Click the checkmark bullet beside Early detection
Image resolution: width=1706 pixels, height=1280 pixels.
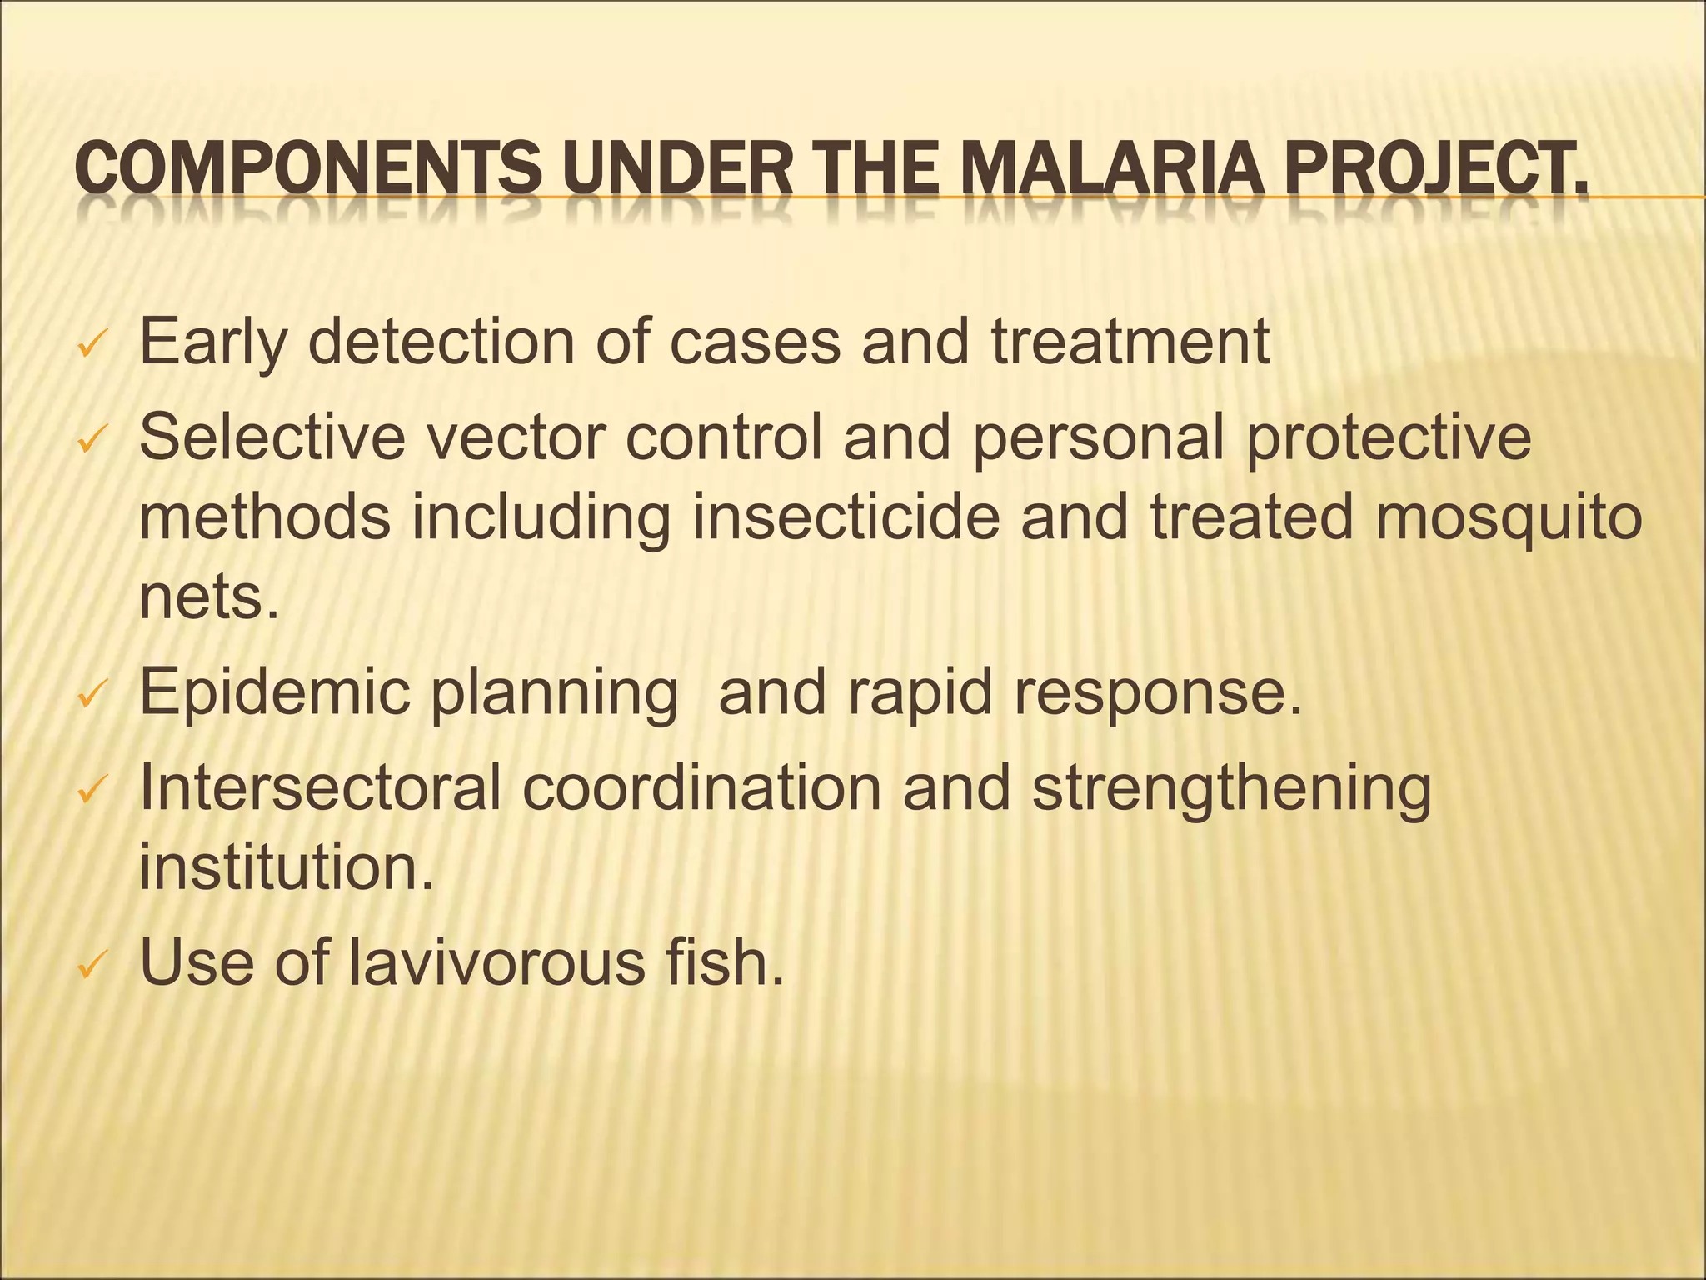(90, 345)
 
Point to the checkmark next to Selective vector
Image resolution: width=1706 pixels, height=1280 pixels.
(90, 440)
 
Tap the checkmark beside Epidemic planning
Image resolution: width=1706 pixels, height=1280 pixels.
(90, 694)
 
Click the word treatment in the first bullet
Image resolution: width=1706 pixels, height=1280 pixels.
(1130, 342)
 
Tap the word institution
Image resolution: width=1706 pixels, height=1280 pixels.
(287, 867)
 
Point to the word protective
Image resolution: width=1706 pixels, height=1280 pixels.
(1389, 438)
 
